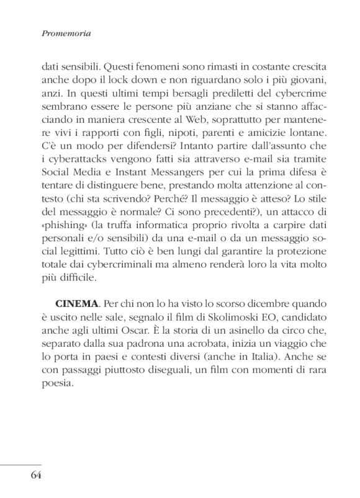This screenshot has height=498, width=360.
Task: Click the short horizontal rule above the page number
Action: (x=20, y=463)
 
